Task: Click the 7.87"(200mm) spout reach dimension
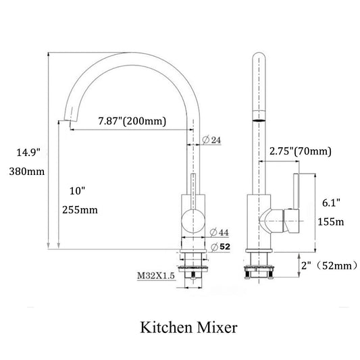132,121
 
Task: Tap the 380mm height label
27,172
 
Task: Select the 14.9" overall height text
28,153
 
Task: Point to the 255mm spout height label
80,210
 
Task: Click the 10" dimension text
78,190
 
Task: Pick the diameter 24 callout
211,140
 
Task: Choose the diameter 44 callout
220,232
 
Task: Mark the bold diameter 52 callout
220,247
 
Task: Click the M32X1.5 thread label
156,276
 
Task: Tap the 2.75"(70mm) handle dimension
301,151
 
